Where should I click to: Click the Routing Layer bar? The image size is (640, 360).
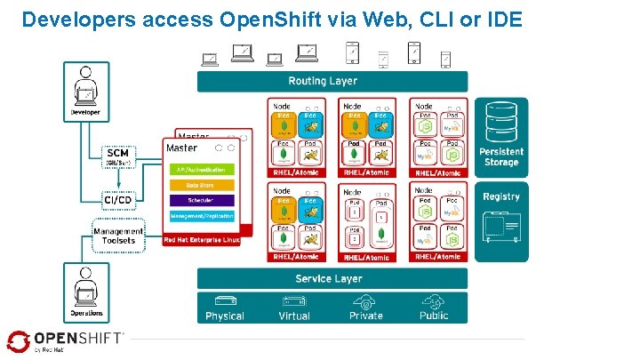[323, 81]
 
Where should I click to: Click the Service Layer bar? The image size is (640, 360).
[328, 278]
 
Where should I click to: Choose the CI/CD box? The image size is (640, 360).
[118, 199]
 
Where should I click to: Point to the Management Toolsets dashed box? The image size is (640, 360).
[117, 236]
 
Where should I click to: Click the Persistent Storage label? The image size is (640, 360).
[501, 156]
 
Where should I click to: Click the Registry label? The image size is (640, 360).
[501, 196]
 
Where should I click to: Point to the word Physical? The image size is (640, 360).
[225, 316]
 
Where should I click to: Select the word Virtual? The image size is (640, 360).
[294, 316]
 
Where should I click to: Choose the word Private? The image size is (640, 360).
[365, 316]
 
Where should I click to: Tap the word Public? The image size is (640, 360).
[434, 316]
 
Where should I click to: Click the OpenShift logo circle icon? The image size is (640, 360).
[19, 341]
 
